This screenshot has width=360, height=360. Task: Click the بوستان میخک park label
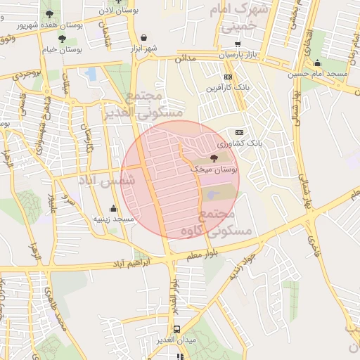coord(214,170)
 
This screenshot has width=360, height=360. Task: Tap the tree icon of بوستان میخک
coord(214,159)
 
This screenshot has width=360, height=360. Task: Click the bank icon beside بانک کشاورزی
coord(239,132)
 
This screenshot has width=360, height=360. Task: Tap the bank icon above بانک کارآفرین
coord(228,77)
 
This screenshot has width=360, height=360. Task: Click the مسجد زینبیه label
coord(115,219)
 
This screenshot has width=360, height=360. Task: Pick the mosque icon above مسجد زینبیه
coord(113,209)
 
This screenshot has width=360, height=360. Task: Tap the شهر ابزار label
coord(143,48)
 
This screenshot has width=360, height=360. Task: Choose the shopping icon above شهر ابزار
coord(144,37)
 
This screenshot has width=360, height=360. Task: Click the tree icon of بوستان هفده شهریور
coord(49,13)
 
